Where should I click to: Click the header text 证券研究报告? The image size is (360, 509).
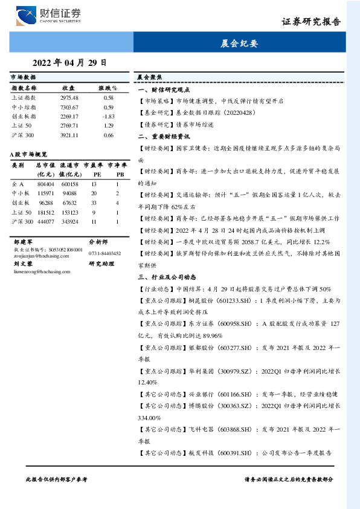click(x=311, y=22)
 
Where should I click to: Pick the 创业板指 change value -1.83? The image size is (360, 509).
click(x=109, y=116)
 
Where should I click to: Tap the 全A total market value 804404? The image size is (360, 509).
click(x=45, y=184)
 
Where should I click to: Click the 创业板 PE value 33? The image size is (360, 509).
click(x=94, y=203)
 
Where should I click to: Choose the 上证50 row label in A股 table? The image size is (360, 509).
click(x=22, y=212)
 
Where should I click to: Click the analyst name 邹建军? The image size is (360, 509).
click(x=22, y=241)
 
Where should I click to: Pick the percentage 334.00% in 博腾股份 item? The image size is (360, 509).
click(x=149, y=417)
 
